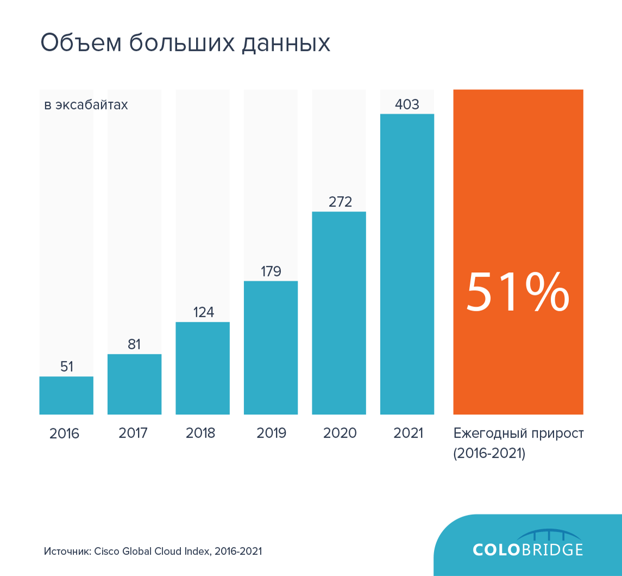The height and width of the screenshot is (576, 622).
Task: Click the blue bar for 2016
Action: tap(66, 395)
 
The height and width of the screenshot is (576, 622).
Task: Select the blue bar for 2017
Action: tap(134, 384)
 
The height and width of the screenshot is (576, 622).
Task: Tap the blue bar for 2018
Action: tap(203, 368)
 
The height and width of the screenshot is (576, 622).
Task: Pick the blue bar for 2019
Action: tap(271, 348)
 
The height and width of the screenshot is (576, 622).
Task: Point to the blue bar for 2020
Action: tap(339, 312)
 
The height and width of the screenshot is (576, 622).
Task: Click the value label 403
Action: tap(407, 104)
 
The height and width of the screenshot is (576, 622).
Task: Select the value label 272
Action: tap(340, 202)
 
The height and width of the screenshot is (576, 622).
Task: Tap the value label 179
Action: tap(271, 271)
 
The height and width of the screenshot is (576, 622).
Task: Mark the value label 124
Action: tap(203, 312)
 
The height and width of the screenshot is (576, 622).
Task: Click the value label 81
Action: tap(134, 345)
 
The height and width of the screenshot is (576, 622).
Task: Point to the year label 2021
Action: tap(408, 433)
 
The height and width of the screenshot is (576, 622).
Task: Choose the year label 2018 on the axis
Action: tap(200, 433)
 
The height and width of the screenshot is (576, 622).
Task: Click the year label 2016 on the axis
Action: tap(64, 434)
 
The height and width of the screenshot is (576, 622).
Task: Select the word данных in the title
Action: tap(286, 43)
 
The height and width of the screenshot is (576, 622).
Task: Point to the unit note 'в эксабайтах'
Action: tap(86, 104)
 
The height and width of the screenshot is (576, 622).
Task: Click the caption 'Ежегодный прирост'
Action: tap(518, 433)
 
